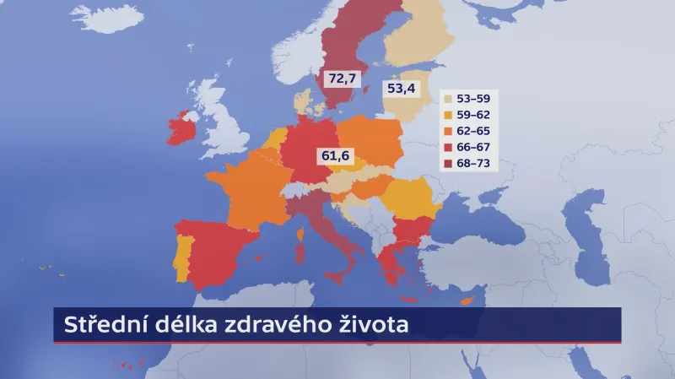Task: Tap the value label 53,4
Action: pyautogui.click(x=402, y=88)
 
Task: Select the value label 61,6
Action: pyautogui.click(x=334, y=154)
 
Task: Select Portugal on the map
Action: pyautogui.click(x=180, y=257)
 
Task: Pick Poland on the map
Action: pyautogui.click(x=371, y=139)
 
